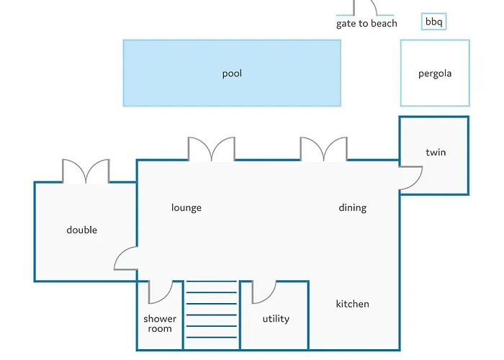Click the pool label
232,73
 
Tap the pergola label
435,73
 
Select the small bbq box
434,22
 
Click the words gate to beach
366,23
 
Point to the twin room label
436,153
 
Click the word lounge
186,208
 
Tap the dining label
353,208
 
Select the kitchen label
353,304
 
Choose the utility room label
276,319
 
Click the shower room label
160,324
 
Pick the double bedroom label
81,230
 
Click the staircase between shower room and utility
210,315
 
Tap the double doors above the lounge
212,149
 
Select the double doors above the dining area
324,149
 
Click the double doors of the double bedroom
86,171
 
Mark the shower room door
159,292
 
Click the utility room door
263,292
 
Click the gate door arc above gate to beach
366,7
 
